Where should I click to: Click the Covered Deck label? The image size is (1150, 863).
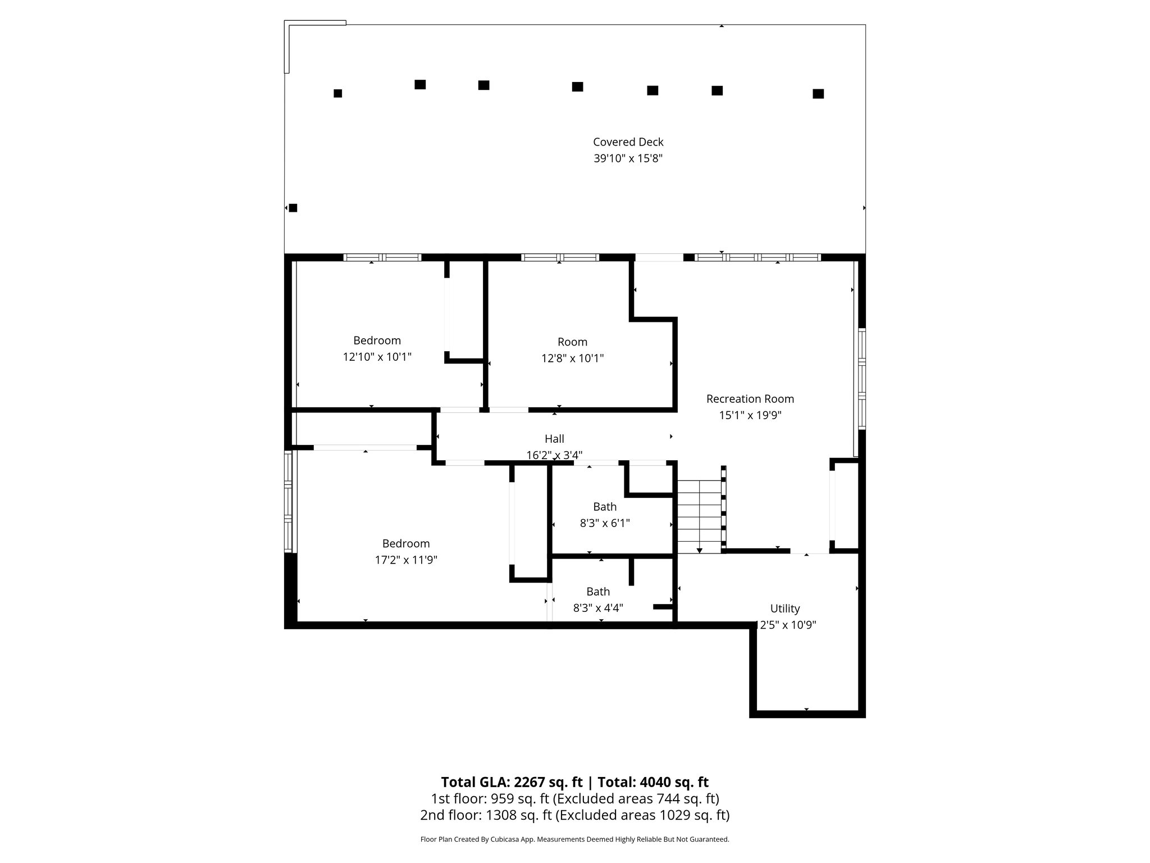628,142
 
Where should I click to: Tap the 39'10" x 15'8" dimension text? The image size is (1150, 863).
628,158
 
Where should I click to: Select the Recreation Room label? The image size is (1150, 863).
750,399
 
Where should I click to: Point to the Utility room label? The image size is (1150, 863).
784,608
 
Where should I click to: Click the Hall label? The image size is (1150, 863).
554,439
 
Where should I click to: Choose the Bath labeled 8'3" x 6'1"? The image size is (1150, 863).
605,507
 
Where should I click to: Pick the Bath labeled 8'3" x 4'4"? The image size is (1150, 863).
598,592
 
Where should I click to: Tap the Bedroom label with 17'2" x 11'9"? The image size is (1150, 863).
406,543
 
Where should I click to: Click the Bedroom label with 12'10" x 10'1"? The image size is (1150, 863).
377,340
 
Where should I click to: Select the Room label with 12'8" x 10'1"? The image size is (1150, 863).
572,342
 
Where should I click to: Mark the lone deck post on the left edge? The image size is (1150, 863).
293,208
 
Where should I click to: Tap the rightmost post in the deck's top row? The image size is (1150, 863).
818,94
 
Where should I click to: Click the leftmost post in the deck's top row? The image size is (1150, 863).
337,93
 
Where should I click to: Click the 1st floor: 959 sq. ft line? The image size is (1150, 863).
574,798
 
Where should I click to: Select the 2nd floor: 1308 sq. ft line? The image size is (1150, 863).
574,815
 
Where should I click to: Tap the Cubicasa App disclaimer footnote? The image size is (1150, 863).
574,839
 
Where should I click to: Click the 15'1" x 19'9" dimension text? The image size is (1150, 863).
750,415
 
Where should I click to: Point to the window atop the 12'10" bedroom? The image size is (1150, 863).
382,257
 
